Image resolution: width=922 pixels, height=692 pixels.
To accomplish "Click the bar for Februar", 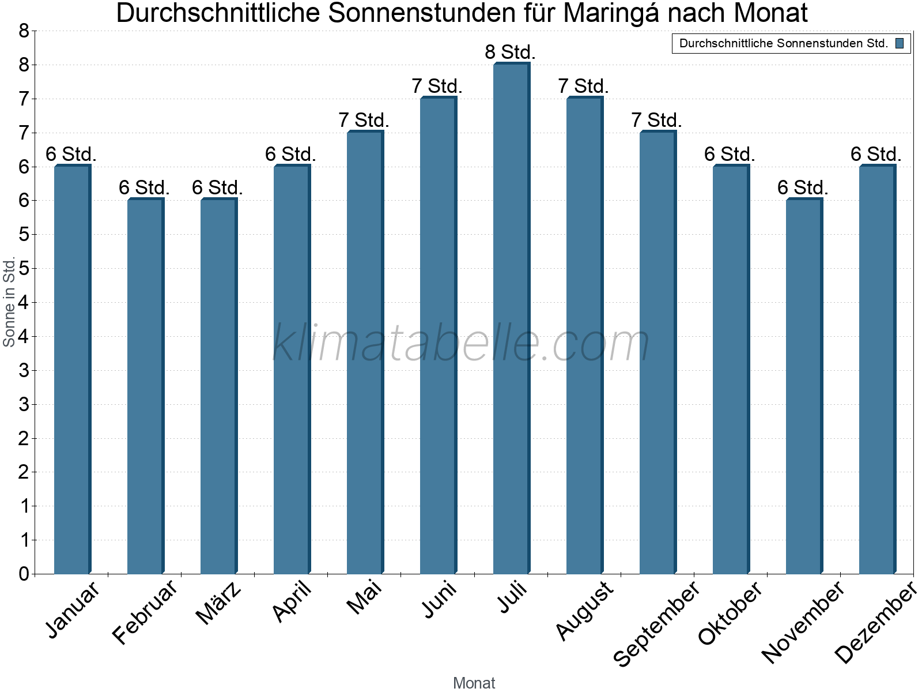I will pyautogui.click(x=145, y=386).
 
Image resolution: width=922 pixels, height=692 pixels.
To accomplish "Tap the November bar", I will pyautogui.click(x=803, y=386).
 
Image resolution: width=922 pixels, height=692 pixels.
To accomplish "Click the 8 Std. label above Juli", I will pyautogui.click(x=510, y=52).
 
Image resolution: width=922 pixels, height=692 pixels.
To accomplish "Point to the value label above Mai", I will pyautogui.click(x=364, y=121).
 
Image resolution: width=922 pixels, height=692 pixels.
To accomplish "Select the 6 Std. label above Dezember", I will pyautogui.click(x=876, y=155).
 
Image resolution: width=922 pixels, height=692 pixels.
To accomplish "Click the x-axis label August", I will pyautogui.click(x=585, y=610).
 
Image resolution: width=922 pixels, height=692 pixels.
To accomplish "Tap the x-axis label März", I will pyautogui.click(x=218, y=603).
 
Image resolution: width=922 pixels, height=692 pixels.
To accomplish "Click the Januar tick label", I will pyautogui.click(x=73, y=610).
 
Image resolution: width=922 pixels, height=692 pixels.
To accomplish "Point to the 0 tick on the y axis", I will pyautogui.click(x=24, y=574).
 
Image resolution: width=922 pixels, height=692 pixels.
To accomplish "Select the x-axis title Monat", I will pyautogui.click(x=474, y=683).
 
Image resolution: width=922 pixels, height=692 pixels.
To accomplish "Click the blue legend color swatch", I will pyautogui.click(x=900, y=43).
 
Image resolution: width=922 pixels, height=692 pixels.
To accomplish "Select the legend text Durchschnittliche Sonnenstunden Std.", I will pyautogui.click(x=783, y=43).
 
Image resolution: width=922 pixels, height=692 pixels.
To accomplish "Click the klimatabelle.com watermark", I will pyautogui.click(x=461, y=343).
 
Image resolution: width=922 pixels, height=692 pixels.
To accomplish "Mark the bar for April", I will pyautogui.click(x=291, y=370).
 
